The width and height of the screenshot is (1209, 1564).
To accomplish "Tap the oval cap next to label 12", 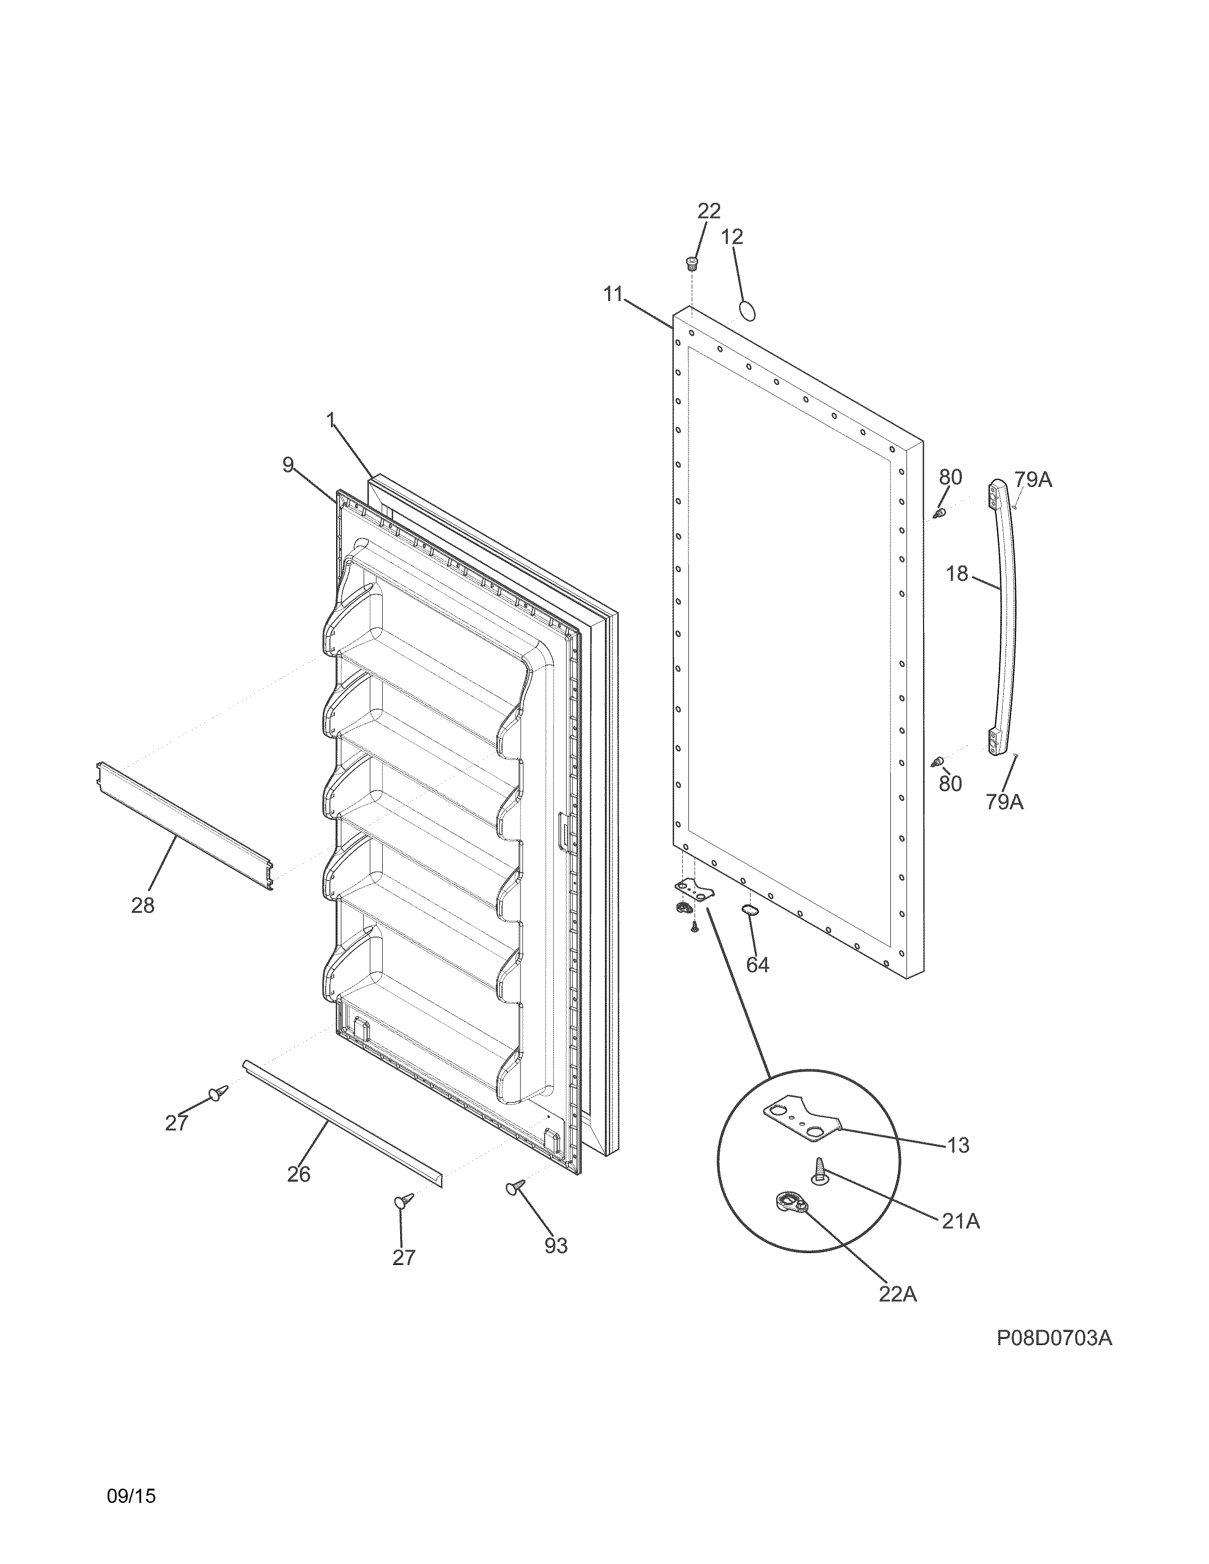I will (x=747, y=311).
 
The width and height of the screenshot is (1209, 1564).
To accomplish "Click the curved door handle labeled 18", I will (x=1006, y=616).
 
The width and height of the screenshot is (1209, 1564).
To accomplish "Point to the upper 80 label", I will (x=951, y=477).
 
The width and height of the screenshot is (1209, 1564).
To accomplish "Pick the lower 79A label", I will (x=1004, y=802).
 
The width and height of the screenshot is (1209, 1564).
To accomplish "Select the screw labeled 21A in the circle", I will (x=819, y=1172).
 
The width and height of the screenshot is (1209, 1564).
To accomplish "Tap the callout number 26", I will (x=299, y=1174).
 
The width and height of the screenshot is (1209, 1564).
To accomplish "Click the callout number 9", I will (x=288, y=465).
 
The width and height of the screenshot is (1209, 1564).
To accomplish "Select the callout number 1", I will (x=331, y=421).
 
